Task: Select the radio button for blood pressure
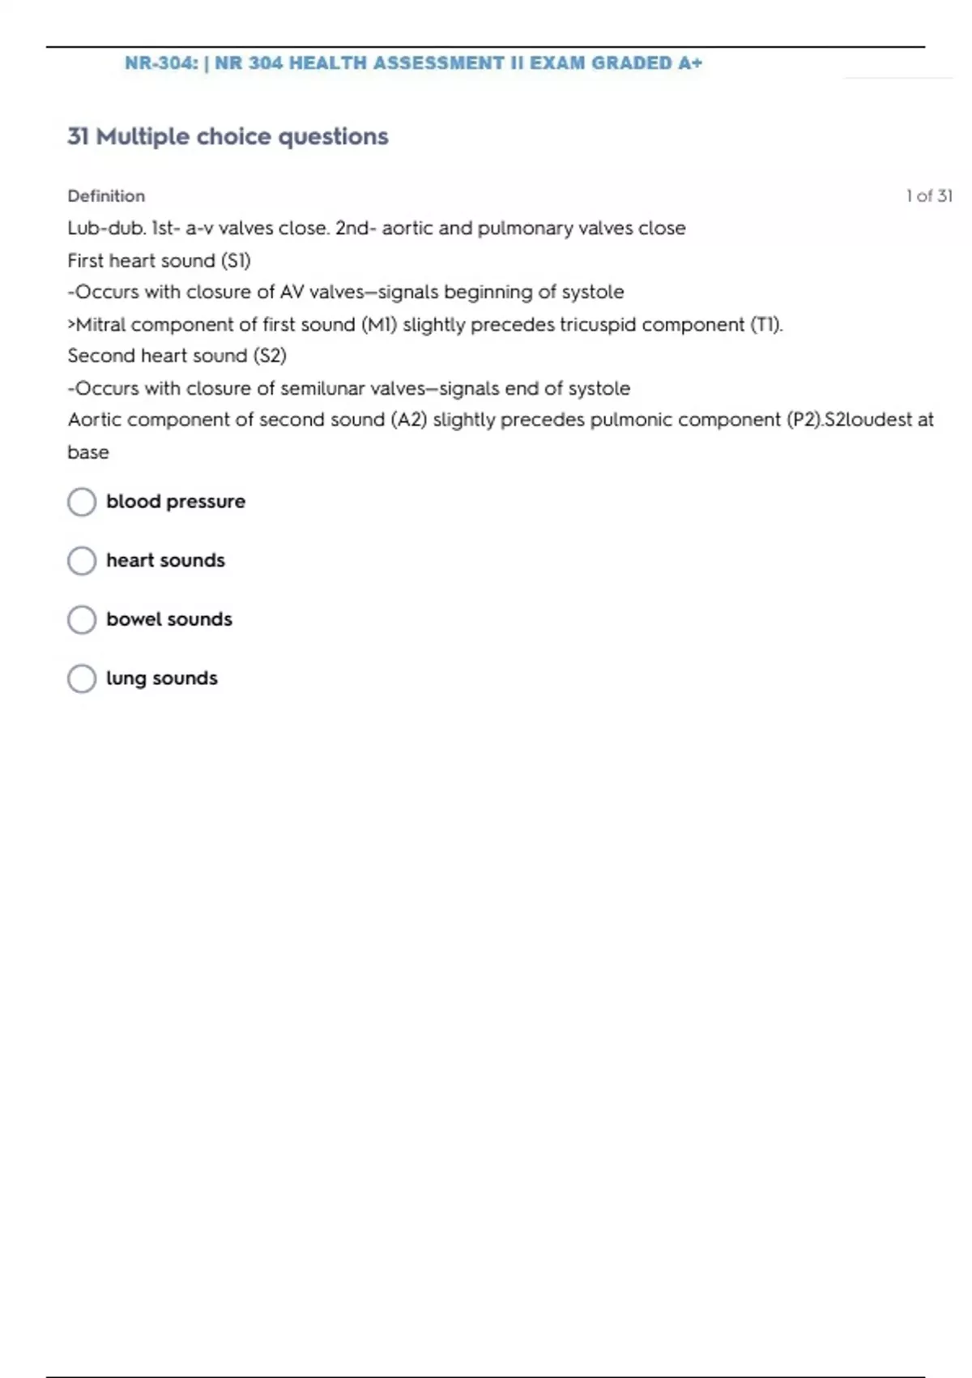point(82,502)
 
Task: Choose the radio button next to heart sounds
point(82,561)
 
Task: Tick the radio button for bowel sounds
point(82,620)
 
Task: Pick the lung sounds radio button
point(82,679)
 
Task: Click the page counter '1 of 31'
point(928,196)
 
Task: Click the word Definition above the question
point(106,196)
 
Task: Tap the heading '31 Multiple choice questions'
point(228,137)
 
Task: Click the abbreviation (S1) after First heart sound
point(236,261)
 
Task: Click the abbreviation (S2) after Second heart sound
point(270,356)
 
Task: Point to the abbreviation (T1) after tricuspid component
point(765,325)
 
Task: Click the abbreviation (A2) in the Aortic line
point(408,420)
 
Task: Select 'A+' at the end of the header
point(690,63)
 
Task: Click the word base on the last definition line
point(88,452)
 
